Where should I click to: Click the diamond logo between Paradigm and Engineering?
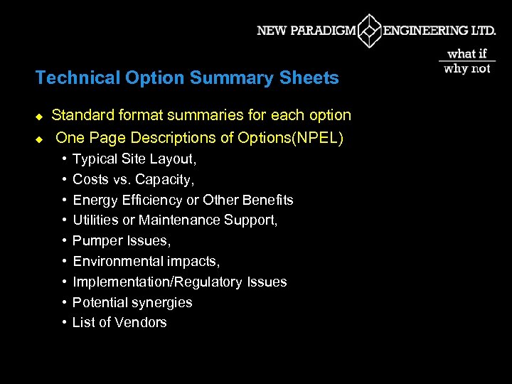(x=370, y=31)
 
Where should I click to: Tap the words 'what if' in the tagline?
(x=467, y=53)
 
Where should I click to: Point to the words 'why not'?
(x=467, y=68)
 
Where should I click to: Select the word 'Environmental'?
(x=117, y=261)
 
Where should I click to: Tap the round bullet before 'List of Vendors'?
(x=64, y=322)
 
